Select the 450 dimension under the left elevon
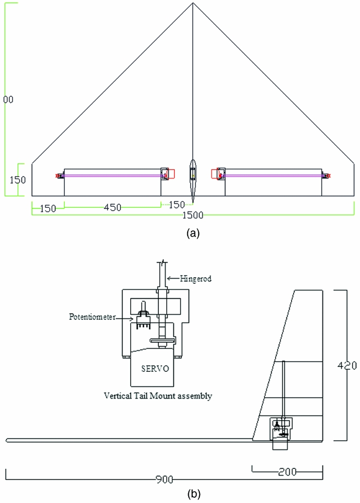pos(112,207)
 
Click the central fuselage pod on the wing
pos(193,180)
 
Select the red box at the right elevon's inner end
pos(215,174)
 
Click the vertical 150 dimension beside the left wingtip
pos(16,180)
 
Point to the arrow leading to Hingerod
pos(173,279)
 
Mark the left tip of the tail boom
pos(7,440)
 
